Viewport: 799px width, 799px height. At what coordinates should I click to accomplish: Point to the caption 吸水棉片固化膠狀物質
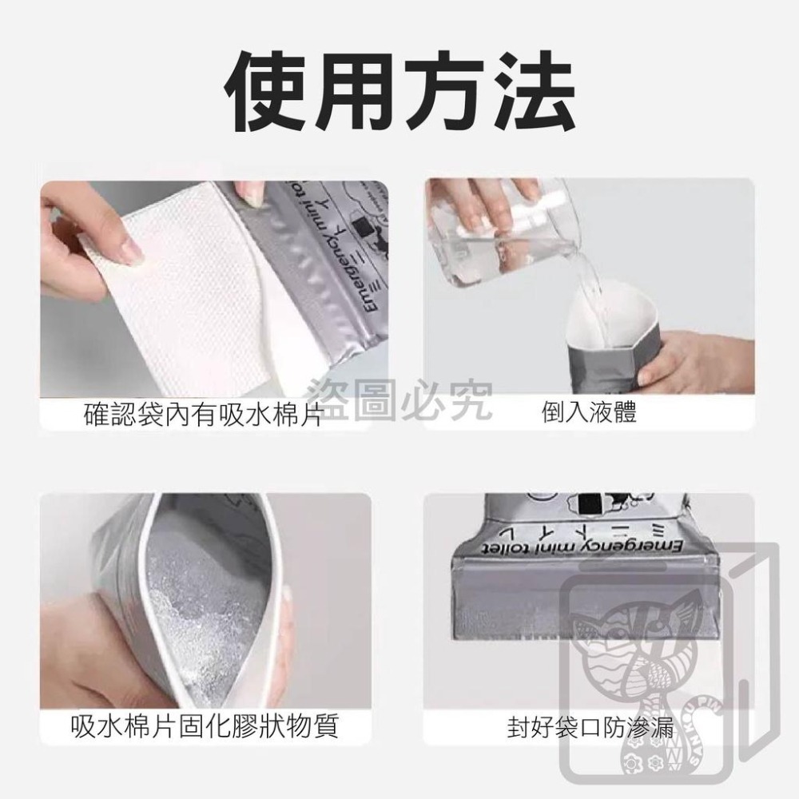point(205,727)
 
